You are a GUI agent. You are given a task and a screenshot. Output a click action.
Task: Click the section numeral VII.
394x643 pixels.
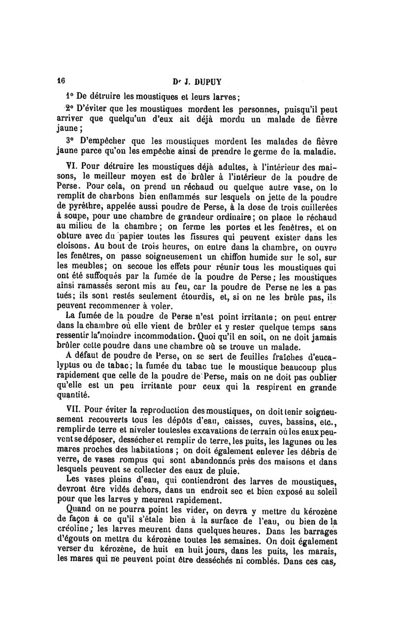pyautogui.click(x=73, y=409)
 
